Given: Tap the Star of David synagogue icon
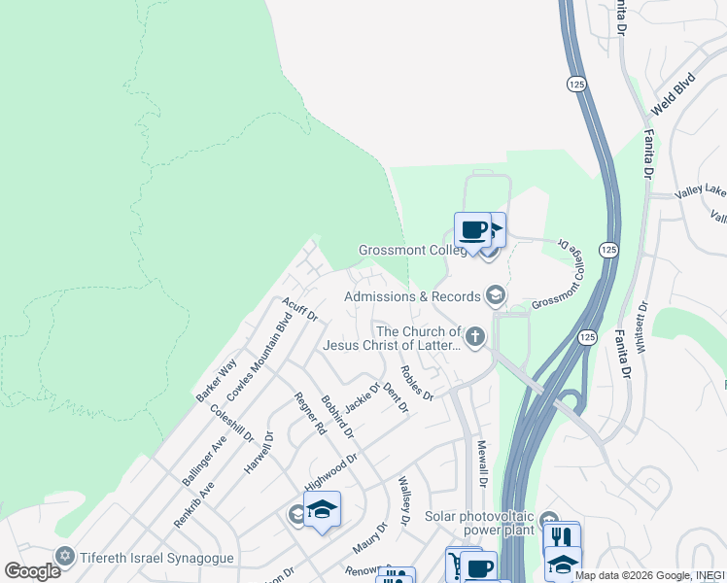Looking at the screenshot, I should pyautogui.click(x=65, y=556).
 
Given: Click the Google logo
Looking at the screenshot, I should pyautogui.click(x=32, y=571).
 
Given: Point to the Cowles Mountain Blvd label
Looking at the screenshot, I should pyautogui.click(x=260, y=357).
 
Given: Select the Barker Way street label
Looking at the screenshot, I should pyautogui.click(x=216, y=380).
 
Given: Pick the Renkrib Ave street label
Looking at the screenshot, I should pyautogui.click(x=192, y=501).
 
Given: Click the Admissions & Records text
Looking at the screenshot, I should pyautogui.click(x=413, y=295).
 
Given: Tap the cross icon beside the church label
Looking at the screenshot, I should pyautogui.click(x=475, y=337).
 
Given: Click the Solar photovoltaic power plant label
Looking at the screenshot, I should pyautogui.click(x=481, y=525).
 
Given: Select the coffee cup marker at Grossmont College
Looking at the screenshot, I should pyautogui.click(x=472, y=231).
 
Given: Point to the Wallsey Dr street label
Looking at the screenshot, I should pyautogui.click(x=405, y=500).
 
